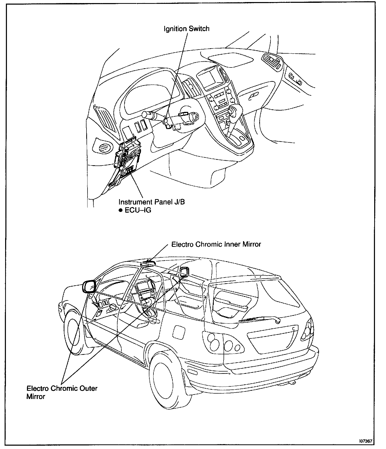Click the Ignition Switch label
click(x=187, y=28)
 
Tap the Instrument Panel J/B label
click(x=151, y=202)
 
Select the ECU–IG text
click(x=138, y=210)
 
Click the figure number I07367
click(x=365, y=441)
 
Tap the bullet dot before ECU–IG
click(x=120, y=210)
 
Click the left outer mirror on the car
click(x=89, y=287)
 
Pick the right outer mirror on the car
click(x=184, y=271)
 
